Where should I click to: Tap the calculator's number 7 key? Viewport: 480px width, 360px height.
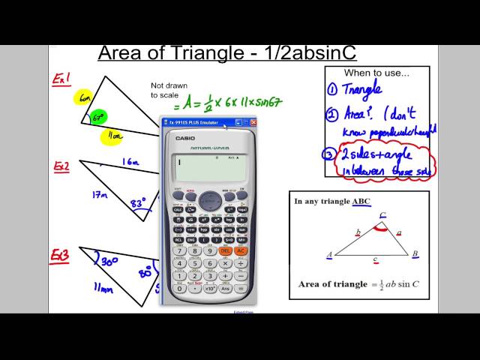click(x=179, y=250)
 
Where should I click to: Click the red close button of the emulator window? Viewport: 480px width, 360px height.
click(x=253, y=122)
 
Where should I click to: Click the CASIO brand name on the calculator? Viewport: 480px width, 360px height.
click(x=185, y=138)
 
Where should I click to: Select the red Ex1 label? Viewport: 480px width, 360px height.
click(x=61, y=79)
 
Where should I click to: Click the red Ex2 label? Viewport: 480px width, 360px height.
click(x=61, y=166)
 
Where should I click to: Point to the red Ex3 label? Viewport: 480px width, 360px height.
click(x=61, y=256)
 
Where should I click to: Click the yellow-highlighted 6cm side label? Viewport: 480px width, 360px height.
click(x=82, y=97)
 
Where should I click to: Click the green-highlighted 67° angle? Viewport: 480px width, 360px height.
click(x=98, y=118)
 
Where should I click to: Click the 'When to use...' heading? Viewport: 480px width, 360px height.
click(x=377, y=73)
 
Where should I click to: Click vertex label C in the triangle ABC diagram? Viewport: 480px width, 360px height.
click(x=382, y=215)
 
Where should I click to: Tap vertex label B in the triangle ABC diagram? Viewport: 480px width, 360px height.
click(x=415, y=254)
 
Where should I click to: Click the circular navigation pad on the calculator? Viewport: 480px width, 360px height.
click(x=211, y=200)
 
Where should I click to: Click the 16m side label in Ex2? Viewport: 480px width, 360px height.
click(x=130, y=160)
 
